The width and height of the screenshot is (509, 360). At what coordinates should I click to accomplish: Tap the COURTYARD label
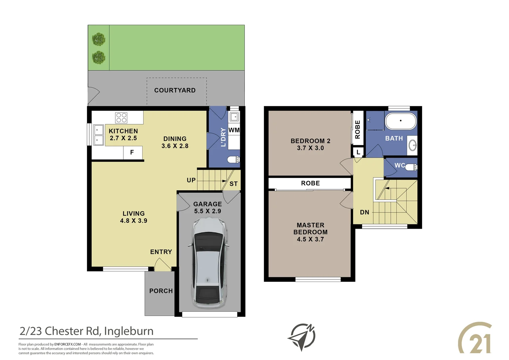tap(175, 90)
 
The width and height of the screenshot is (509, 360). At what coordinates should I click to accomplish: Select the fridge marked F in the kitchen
tap(132, 153)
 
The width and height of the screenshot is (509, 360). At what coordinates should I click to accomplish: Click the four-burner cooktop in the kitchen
tap(121, 118)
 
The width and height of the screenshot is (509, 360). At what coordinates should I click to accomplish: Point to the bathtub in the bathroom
tap(401, 121)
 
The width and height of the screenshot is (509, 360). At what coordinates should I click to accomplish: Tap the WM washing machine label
tap(234, 130)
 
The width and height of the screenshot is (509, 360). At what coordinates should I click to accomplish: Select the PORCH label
tap(161, 291)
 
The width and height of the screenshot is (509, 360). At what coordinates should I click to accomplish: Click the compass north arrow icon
tap(302, 337)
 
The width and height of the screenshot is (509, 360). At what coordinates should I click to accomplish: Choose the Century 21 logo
tap(475, 338)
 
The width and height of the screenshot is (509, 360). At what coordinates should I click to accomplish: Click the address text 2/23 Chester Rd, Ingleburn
tap(87, 331)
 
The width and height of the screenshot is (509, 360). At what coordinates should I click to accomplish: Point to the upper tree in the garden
tap(99, 39)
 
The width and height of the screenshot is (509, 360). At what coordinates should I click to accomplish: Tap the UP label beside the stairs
tap(191, 180)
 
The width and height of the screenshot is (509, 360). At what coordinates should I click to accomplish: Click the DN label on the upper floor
tap(364, 212)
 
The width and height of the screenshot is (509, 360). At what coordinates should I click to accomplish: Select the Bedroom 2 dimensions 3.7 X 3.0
tap(310, 148)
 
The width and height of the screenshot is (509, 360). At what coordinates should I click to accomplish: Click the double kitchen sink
tap(98, 135)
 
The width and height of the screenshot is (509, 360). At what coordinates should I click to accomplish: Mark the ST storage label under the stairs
tap(234, 184)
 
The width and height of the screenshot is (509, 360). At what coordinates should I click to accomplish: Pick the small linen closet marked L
tap(358, 152)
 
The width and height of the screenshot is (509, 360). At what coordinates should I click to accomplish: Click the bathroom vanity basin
tap(412, 145)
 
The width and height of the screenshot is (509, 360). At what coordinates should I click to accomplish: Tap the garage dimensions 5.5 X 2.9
tap(208, 211)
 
